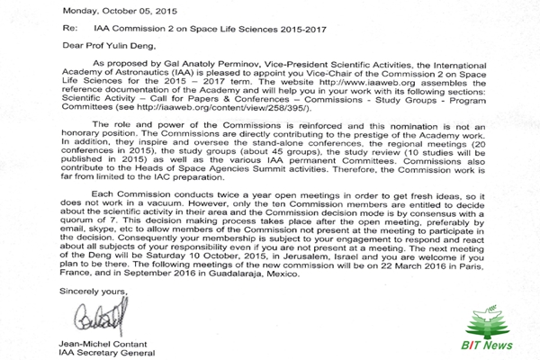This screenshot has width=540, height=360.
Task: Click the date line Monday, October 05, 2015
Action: [54, 9]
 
